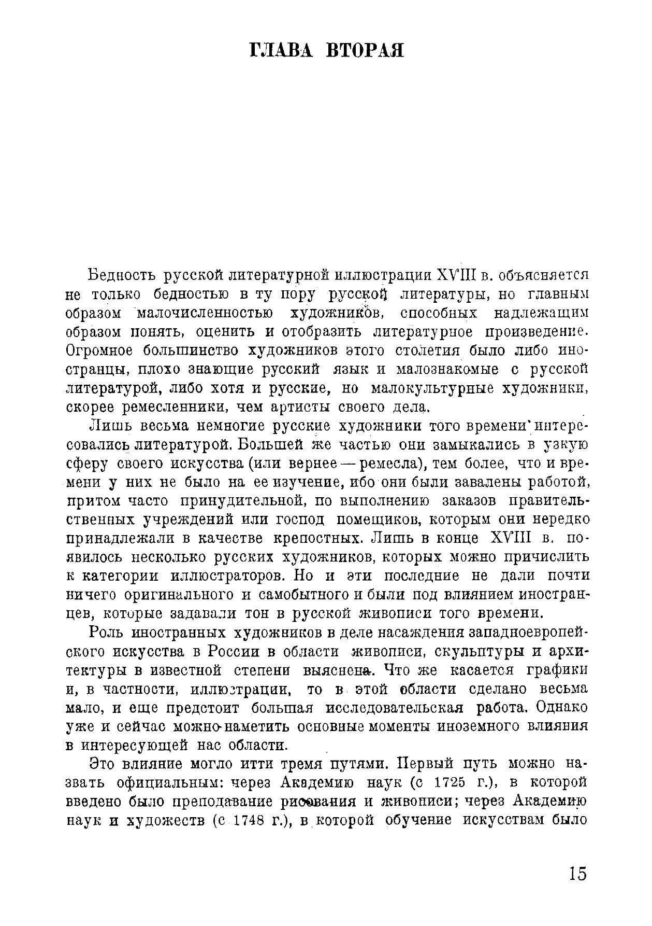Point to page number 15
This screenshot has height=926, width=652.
point(577,873)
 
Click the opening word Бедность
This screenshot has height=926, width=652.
point(122,274)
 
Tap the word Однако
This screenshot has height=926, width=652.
point(561,708)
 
